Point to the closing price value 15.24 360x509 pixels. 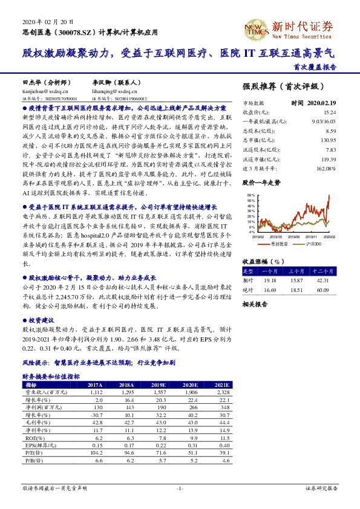(329, 112)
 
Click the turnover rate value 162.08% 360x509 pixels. (326, 168)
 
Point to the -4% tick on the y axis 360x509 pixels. (250, 232)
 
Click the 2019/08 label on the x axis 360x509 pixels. (293, 237)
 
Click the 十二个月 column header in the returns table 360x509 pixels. (323, 272)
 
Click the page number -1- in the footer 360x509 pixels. (180, 487)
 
